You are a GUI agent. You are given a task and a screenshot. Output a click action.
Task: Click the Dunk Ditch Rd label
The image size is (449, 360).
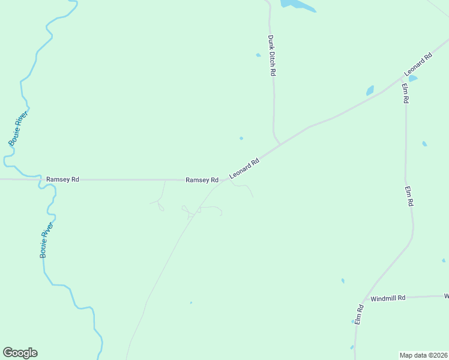pyautogui.click(x=271, y=55)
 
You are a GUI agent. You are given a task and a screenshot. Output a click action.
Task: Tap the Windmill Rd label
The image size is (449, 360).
pyautogui.click(x=388, y=298)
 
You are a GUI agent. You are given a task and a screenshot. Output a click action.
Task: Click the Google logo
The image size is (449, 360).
pyautogui.click(x=20, y=353)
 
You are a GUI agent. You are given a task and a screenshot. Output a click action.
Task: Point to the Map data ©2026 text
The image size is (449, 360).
pyautogui.click(x=423, y=355)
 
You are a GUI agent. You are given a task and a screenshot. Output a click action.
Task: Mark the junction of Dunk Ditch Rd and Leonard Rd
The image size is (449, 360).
pyautogui.click(x=280, y=144)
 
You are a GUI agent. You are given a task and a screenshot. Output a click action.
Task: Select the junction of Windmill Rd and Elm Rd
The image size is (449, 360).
pyautogui.click(x=362, y=300)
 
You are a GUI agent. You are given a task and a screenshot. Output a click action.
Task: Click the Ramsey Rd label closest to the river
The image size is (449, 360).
pyautogui.click(x=62, y=179)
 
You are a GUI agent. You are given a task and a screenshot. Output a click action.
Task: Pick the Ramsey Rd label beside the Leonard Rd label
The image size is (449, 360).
pyautogui.click(x=202, y=180)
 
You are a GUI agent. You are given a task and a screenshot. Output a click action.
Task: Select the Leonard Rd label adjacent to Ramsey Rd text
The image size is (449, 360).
pyautogui.click(x=244, y=169)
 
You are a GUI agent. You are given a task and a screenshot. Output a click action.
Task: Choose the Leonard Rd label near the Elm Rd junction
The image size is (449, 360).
pyautogui.click(x=418, y=65)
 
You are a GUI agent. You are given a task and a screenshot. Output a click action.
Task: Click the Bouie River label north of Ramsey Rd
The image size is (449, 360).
pyautogui.click(x=19, y=127)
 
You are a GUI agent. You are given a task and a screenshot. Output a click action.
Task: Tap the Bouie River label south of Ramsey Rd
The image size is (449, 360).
pyautogui.click(x=47, y=240)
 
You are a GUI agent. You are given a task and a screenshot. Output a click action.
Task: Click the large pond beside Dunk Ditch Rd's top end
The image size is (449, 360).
pyautogui.click(x=297, y=5)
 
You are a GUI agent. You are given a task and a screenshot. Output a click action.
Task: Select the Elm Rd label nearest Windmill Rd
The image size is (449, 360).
pyautogui.click(x=359, y=315)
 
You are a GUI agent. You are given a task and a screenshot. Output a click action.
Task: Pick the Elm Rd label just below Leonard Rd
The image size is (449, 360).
pyautogui.click(x=405, y=94)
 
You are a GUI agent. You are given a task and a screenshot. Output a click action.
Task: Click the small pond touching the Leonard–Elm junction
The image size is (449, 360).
pyautogui.click(x=413, y=78)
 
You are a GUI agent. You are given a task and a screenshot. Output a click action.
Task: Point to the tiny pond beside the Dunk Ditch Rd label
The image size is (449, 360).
pyautogui.click(x=259, y=55)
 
